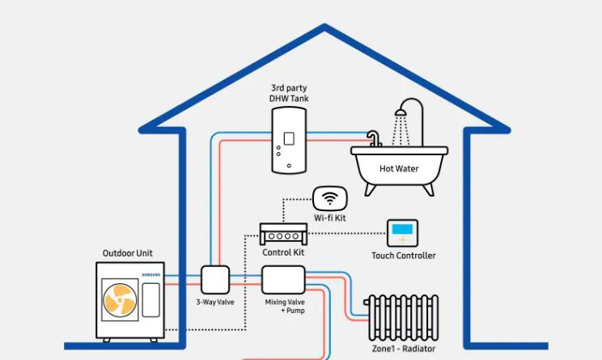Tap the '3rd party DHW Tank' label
click(289, 92)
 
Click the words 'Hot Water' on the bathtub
click(399, 169)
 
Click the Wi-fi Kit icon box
click(329, 198)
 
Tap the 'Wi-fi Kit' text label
click(329, 219)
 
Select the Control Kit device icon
click(282, 235)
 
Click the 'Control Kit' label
click(282, 253)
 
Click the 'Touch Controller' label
click(403, 256)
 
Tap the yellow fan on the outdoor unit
click(119, 300)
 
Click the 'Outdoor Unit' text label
click(127, 253)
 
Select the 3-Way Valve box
click(216, 280)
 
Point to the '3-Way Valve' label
click(215, 303)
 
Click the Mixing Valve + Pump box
click(283, 279)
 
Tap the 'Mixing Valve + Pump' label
click(284, 306)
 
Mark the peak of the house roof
click(325, 28)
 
